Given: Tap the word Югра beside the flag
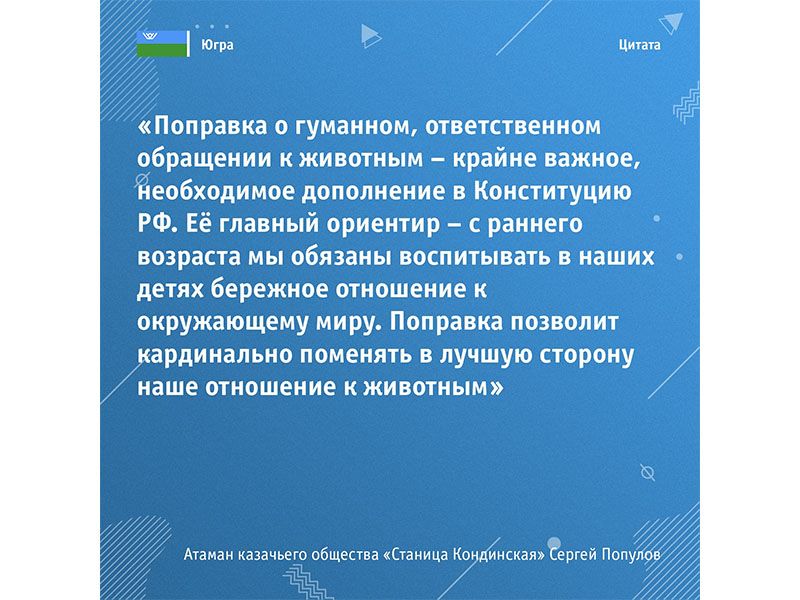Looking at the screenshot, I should pos(213,46).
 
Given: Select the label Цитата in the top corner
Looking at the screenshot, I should pos(640,46).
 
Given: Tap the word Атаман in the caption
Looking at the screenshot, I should pos(212,555).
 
